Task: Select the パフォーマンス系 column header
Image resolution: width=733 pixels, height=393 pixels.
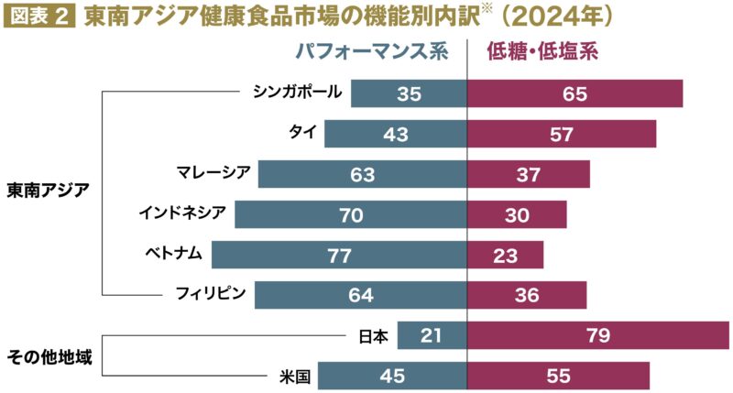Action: (371, 52)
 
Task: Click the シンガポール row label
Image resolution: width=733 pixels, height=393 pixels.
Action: (298, 92)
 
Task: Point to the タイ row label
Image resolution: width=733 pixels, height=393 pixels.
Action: (302, 132)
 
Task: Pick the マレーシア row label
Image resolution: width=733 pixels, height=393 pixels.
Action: (213, 172)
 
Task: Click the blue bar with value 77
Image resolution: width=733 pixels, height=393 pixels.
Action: (338, 254)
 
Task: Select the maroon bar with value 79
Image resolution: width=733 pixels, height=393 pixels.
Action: (598, 335)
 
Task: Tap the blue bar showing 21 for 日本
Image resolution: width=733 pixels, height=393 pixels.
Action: (432, 335)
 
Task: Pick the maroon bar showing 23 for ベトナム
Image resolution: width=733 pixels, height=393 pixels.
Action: (505, 254)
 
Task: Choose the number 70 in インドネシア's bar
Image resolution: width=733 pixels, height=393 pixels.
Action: (350, 214)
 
